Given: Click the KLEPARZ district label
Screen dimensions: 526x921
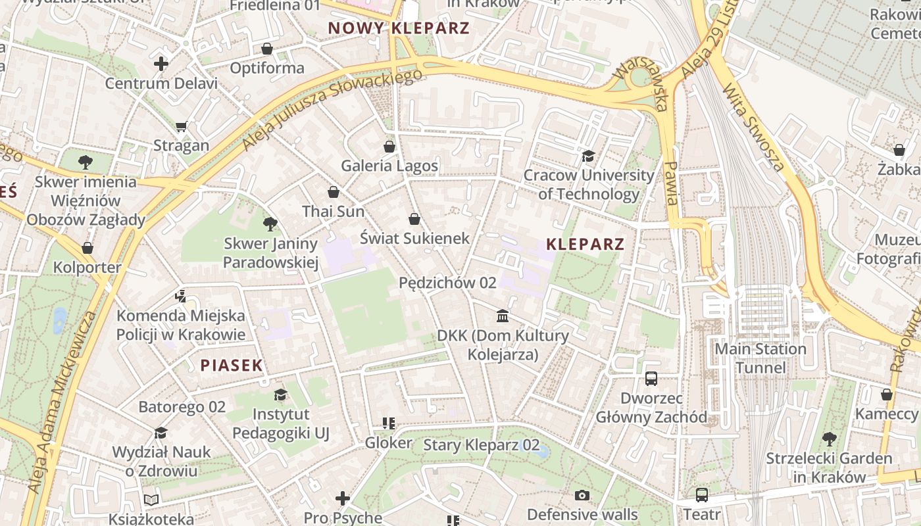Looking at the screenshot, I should (x=585, y=245).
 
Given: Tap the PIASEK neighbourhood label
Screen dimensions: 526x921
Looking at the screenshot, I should (x=232, y=366).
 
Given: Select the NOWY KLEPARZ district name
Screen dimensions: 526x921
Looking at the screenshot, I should (x=399, y=28).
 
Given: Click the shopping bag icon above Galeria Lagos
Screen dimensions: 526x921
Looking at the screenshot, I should (x=389, y=146).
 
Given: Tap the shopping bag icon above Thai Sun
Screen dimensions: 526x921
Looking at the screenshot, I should (x=334, y=192).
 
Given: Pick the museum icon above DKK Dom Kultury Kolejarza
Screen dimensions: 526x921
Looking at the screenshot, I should (x=503, y=316).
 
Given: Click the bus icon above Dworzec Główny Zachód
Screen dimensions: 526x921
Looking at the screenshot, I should (x=651, y=379).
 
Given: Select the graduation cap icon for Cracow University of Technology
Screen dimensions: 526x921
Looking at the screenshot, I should (x=588, y=156).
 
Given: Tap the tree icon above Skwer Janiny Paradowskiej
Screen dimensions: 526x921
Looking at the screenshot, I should (x=270, y=224).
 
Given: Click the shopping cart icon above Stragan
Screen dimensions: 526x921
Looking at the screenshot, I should (x=182, y=126).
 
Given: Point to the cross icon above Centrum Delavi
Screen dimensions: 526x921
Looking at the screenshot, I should (x=161, y=64).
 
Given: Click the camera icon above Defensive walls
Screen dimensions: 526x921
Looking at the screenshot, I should (x=582, y=495).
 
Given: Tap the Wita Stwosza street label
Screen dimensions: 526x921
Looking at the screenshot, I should (x=753, y=128).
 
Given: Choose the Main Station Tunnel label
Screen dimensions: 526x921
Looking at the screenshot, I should (x=760, y=358).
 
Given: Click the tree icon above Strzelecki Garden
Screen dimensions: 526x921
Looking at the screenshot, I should (x=829, y=438).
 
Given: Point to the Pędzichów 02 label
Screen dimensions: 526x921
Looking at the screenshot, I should (x=447, y=283).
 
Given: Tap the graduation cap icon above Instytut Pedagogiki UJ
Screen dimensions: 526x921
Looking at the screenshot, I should (x=281, y=394).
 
